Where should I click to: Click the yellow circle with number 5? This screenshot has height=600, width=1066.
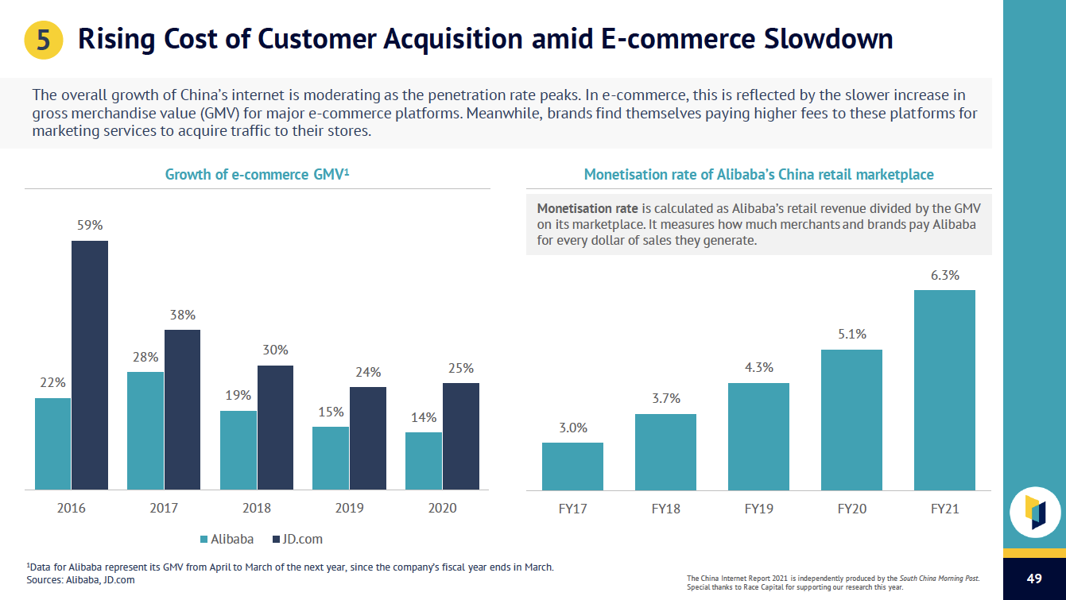click(44, 40)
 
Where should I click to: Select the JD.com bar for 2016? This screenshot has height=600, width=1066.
click(90, 365)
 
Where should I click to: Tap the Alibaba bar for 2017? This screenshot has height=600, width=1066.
click(145, 430)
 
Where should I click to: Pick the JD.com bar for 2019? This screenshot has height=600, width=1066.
click(368, 438)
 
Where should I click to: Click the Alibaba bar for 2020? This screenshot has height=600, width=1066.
click(424, 460)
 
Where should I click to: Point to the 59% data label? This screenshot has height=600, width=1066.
click(90, 225)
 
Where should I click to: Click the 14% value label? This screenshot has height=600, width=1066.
click(424, 417)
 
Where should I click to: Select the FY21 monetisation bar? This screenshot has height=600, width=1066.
click(944, 389)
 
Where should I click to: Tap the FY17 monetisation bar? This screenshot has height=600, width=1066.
click(572, 466)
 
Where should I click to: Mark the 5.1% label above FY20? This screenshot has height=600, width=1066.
click(851, 335)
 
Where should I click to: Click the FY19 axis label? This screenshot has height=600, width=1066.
click(759, 509)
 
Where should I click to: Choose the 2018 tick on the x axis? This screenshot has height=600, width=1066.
click(257, 509)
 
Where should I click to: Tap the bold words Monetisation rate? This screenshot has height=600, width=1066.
click(587, 208)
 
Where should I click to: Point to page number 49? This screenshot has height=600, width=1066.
click(1034, 578)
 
